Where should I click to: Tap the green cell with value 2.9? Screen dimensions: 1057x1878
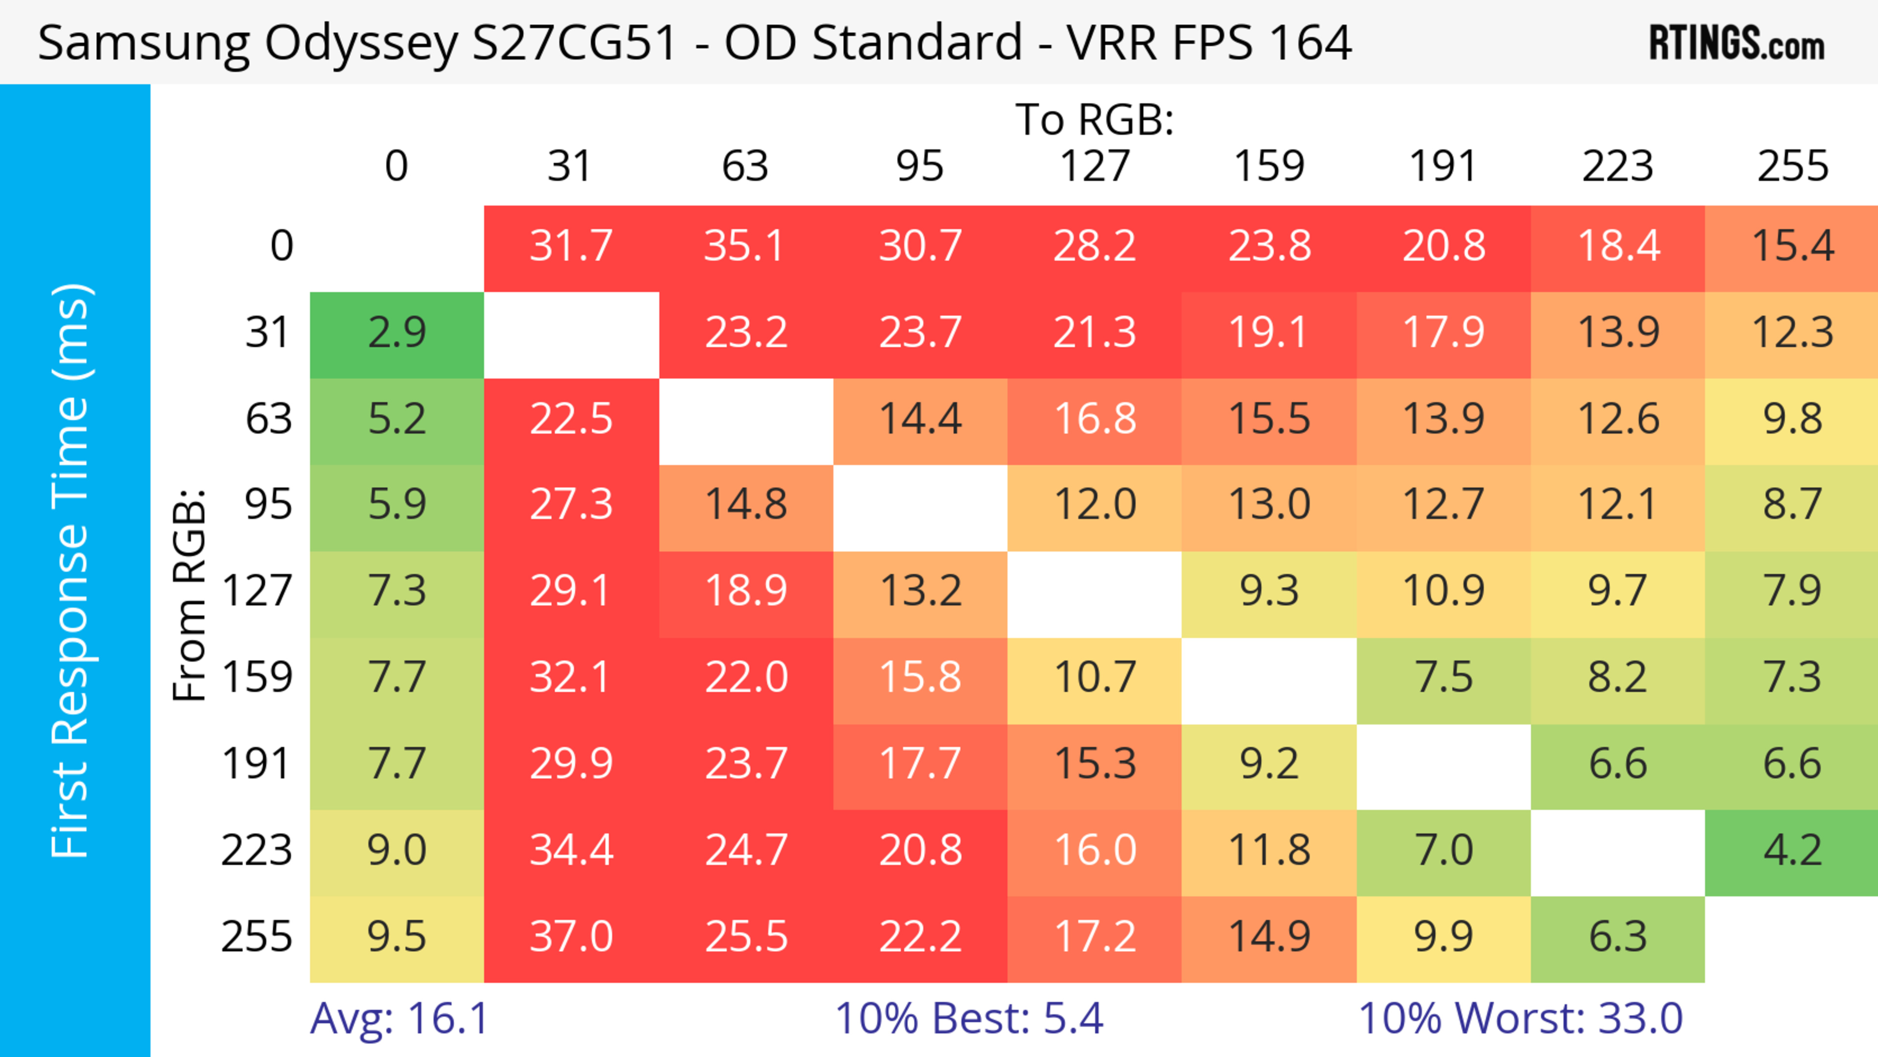[x=397, y=333]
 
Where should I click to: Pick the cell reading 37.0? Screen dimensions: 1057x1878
[x=571, y=936]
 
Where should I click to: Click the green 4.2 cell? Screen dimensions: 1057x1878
[x=1792, y=850]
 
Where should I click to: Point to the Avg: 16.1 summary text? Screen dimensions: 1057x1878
[x=399, y=1018]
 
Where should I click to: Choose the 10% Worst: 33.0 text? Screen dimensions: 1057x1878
[x=1520, y=1018]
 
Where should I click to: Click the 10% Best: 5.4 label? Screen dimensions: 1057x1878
[x=968, y=1018]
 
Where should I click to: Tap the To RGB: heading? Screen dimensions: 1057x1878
[x=1095, y=119]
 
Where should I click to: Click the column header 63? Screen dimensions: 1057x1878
[x=745, y=166]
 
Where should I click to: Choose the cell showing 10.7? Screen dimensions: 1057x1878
[x=1095, y=677]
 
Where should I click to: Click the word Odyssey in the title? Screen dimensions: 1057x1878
[x=361, y=44]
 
